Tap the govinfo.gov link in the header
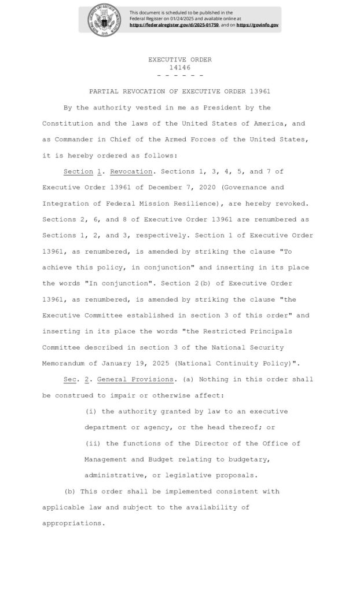(x=258, y=25)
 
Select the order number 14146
(x=180, y=67)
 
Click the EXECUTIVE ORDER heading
(x=180, y=60)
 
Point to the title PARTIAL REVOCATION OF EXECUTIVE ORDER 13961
(x=180, y=91)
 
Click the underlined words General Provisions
(x=135, y=379)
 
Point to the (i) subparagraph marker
(x=91, y=411)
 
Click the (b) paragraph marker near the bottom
(x=69, y=491)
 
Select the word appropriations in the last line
(x=73, y=523)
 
